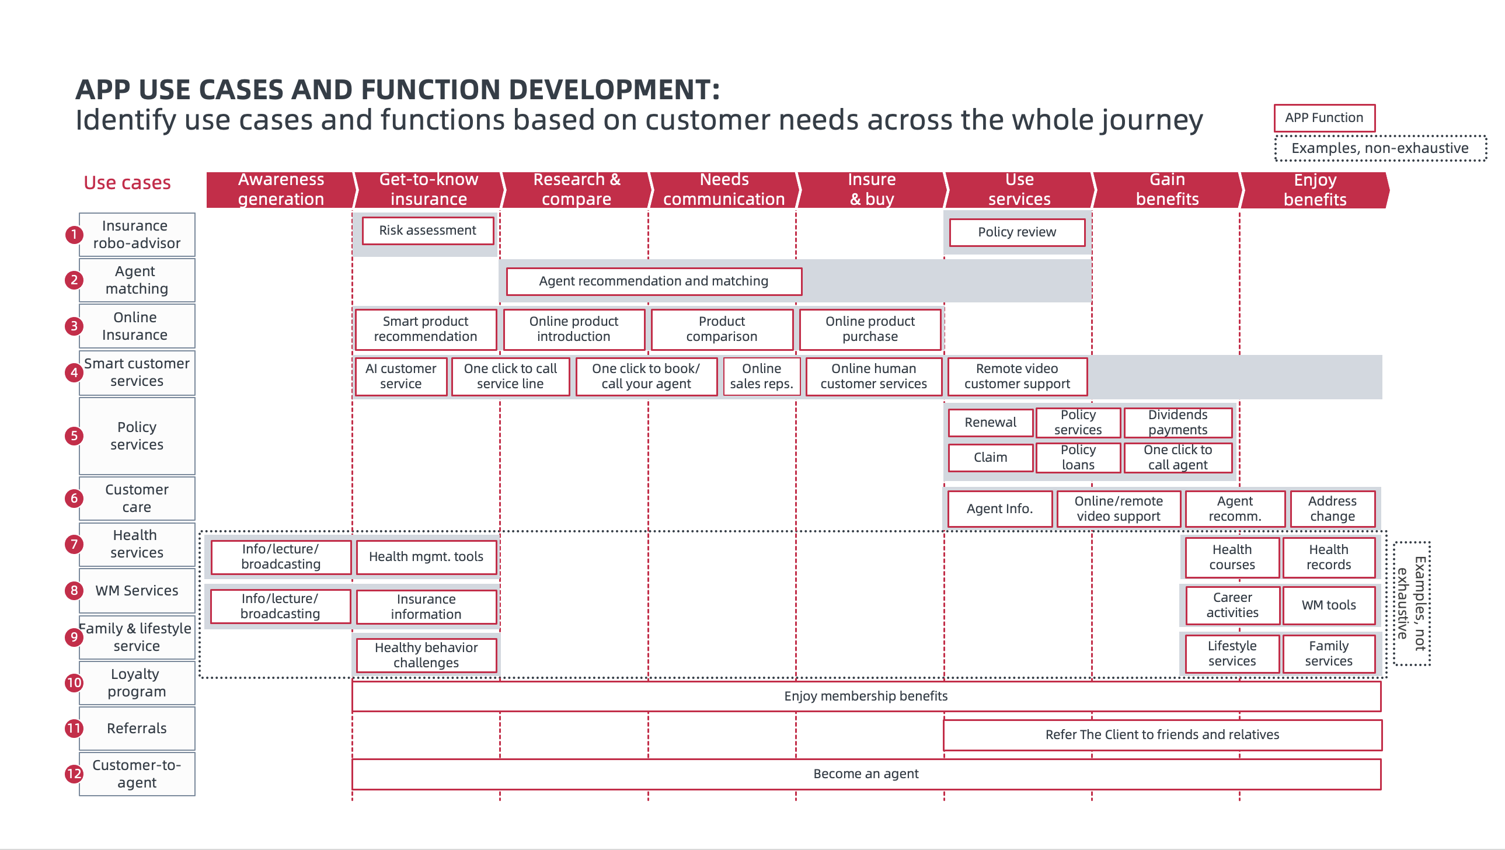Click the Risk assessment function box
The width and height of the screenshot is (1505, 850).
tap(428, 230)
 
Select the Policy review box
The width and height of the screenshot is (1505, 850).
tap(1016, 232)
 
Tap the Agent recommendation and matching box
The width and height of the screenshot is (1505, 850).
tap(653, 281)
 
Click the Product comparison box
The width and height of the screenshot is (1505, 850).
tap(722, 329)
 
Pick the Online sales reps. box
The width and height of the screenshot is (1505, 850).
tap(761, 376)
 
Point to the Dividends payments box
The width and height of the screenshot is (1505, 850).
tap(1177, 422)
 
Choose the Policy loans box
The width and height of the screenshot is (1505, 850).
tap(1078, 458)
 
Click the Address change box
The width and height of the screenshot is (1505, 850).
tap(1332, 509)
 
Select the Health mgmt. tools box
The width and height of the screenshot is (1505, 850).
tap(426, 557)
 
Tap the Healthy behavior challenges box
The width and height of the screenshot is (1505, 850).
tap(426, 655)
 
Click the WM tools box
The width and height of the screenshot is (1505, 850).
tap(1328, 605)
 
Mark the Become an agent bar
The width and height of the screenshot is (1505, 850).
tap(866, 774)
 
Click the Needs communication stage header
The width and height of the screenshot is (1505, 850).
tap(724, 189)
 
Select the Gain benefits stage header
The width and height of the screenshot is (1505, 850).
tap(1167, 189)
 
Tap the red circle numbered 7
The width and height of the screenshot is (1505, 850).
tap(74, 545)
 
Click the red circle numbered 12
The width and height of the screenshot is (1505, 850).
tap(74, 774)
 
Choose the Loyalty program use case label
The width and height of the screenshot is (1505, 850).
tap(137, 683)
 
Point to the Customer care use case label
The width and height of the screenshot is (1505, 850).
tap(137, 499)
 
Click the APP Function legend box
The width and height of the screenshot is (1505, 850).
tap(1324, 118)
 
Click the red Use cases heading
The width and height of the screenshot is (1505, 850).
tap(127, 183)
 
